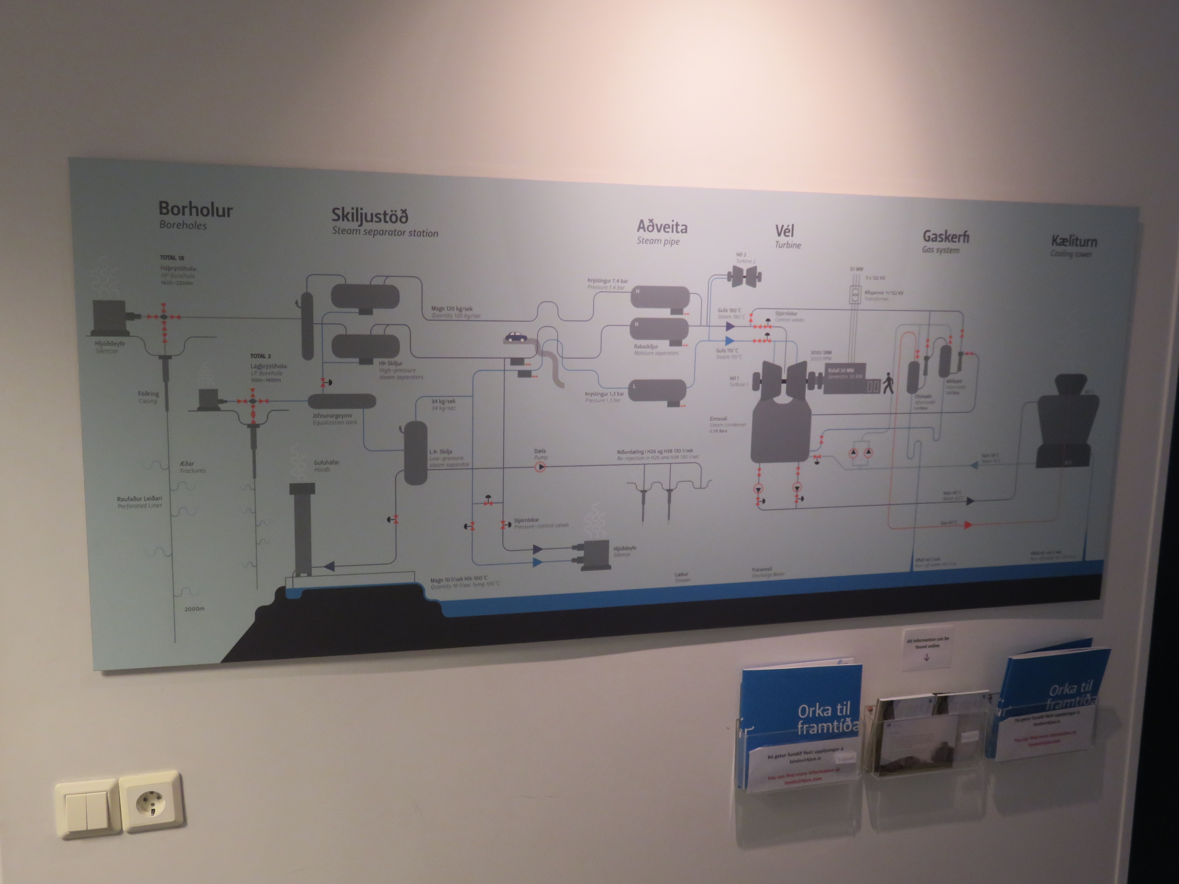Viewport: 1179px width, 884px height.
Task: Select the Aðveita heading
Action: tap(662, 227)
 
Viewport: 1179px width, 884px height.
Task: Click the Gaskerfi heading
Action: tap(946, 236)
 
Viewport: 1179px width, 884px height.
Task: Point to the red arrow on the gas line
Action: tap(967, 525)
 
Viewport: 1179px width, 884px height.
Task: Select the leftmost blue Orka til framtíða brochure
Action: tap(801, 725)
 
